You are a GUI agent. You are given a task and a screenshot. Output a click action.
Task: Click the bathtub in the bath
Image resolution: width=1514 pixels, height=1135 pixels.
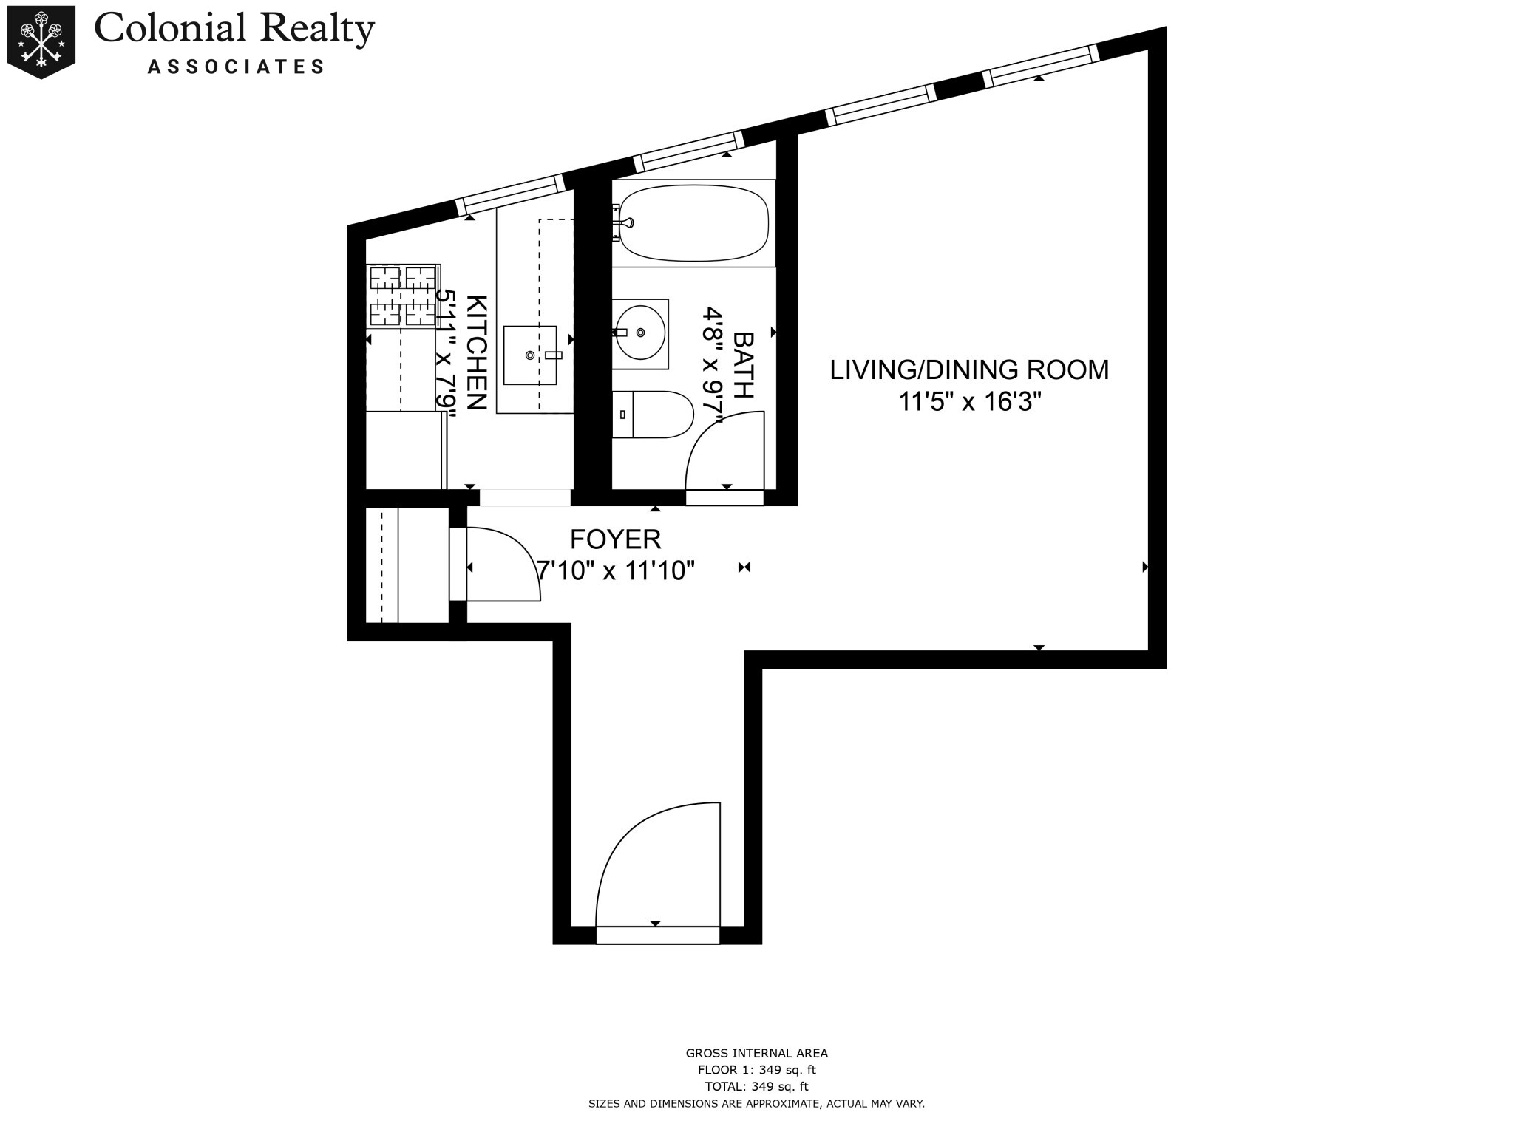pyautogui.click(x=693, y=222)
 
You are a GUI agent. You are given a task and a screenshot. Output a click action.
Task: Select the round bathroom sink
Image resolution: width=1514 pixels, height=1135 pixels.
pyautogui.click(x=640, y=333)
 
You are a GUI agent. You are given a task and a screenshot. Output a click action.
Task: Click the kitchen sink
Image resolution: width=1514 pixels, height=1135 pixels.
pyautogui.click(x=530, y=355)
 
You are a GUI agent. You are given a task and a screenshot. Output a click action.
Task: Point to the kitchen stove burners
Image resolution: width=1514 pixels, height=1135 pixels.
pyautogui.click(x=403, y=296)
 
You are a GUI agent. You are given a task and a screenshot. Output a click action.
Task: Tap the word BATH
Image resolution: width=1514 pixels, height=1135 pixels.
pyautogui.click(x=743, y=364)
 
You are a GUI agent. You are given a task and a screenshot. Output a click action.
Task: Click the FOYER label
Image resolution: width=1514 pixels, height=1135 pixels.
pyautogui.click(x=615, y=539)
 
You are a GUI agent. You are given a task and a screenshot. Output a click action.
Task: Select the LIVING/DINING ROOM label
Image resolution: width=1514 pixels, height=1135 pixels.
pyautogui.click(x=969, y=369)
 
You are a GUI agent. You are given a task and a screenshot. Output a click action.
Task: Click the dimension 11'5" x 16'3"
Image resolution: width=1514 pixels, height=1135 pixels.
pyautogui.click(x=969, y=402)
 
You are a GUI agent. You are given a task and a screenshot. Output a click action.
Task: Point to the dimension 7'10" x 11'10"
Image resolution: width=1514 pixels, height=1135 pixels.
pyautogui.click(x=616, y=570)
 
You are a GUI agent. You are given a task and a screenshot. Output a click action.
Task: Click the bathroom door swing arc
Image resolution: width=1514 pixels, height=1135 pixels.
pyautogui.click(x=721, y=451)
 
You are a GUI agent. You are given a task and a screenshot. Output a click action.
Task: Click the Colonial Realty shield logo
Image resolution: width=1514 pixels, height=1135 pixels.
pyautogui.click(x=41, y=41)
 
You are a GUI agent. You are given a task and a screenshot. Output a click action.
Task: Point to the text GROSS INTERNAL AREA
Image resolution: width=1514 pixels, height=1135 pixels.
pyautogui.click(x=756, y=1054)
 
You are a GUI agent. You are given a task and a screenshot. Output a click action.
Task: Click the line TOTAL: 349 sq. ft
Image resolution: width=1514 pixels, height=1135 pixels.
pyautogui.click(x=756, y=1086)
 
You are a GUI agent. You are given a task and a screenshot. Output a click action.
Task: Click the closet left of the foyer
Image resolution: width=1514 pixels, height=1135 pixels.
pyautogui.click(x=407, y=565)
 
